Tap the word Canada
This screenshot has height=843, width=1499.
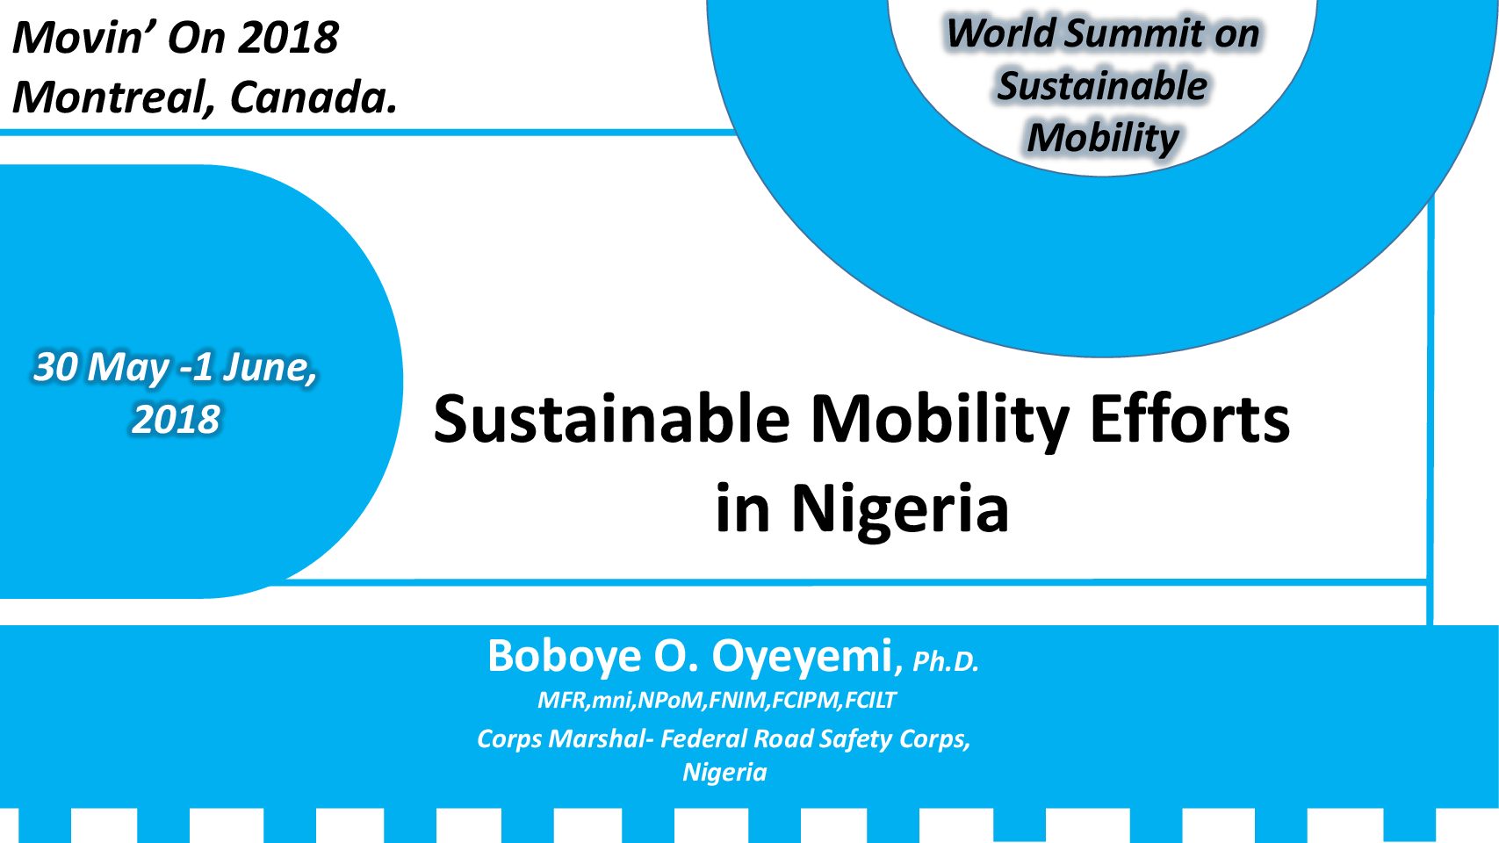pos(313,97)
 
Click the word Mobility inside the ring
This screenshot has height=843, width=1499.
pos(1103,139)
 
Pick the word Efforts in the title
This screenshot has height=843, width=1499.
pos(1189,420)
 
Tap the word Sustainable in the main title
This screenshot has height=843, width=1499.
pos(612,420)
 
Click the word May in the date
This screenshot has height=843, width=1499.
pos(128,369)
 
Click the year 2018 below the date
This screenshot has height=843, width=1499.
pos(176,420)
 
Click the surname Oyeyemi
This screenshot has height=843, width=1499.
pos(803,657)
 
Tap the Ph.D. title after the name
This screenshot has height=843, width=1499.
pos(946,662)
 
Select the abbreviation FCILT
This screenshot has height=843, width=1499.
pos(870,700)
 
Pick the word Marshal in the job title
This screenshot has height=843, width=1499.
pos(598,739)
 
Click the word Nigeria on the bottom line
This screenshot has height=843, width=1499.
pos(724,773)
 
